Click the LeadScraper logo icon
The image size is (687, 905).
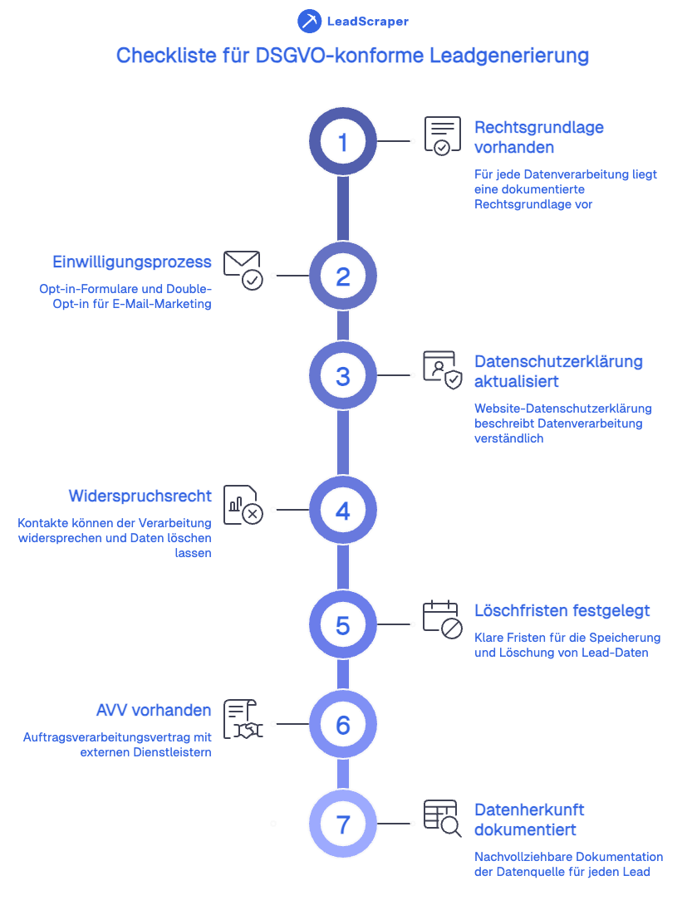click(x=309, y=22)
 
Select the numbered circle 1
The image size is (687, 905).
click(x=343, y=142)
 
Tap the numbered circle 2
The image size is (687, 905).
click(x=343, y=276)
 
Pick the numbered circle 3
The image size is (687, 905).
click(x=343, y=376)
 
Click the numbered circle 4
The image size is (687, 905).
click(x=343, y=510)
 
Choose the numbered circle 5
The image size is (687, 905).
click(x=343, y=624)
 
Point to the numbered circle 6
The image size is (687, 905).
click(x=343, y=725)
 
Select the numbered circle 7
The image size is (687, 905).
click(x=343, y=824)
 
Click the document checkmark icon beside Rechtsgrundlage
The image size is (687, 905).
click(x=442, y=136)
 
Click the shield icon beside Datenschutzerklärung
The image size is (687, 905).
click(x=442, y=370)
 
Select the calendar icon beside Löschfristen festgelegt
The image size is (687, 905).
click(x=442, y=620)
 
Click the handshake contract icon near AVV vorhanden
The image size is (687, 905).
click(x=243, y=719)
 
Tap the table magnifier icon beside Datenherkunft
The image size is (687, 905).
click(x=442, y=819)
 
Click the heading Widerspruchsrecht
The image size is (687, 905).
click(x=140, y=496)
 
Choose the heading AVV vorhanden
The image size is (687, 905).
click(x=154, y=711)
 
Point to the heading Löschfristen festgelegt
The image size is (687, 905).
click(x=562, y=611)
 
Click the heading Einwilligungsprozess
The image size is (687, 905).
click(x=132, y=262)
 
